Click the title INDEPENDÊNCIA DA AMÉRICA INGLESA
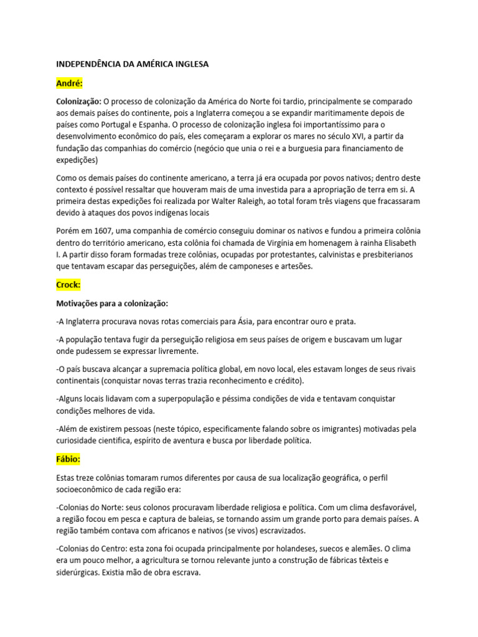pyautogui.click(x=133, y=63)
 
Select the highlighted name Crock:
pyautogui.click(x=68, y=285)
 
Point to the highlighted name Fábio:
pyautogui.click(x=68, y=459)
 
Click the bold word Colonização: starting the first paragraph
pyautogui.click(x=79, y=101)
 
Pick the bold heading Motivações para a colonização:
pyautogui.click(x=112, y=304)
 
